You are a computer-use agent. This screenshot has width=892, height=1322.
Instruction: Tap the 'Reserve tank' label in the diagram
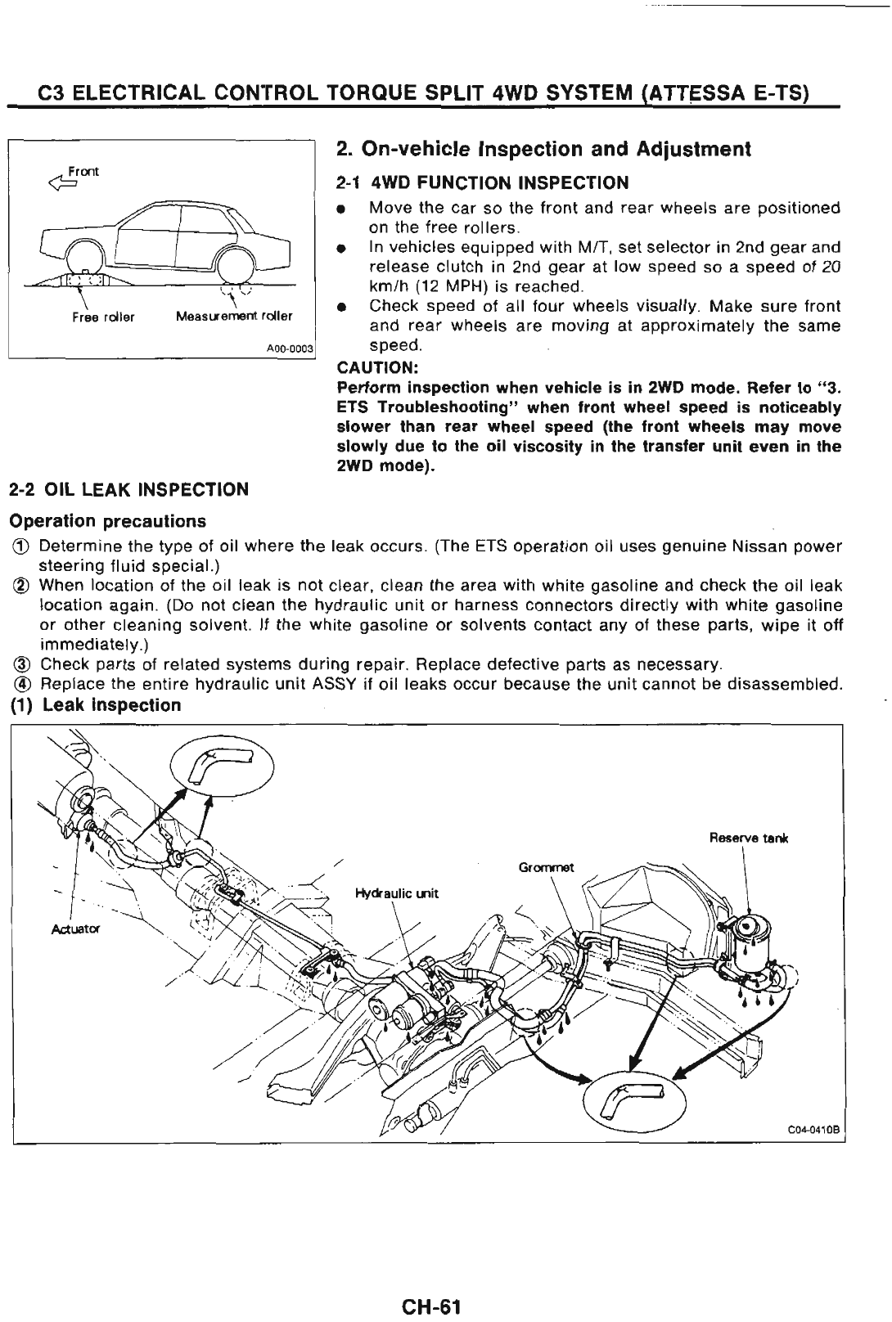coord(747,838)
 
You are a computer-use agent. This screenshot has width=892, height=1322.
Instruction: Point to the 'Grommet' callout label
coord(547,866)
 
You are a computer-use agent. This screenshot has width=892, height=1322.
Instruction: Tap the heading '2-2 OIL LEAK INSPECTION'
coord(128,490)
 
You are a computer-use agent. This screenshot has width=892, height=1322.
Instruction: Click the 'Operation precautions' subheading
coord(107,521)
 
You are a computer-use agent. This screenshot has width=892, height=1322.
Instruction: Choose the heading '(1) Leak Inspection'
coord(94,705)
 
